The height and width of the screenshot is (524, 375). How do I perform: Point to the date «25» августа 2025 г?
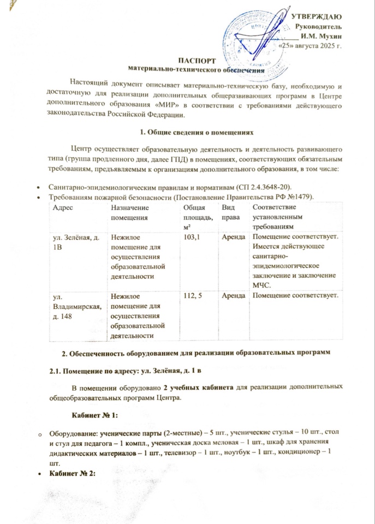[x=309, y=46]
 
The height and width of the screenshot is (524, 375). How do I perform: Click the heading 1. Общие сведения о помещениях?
[x=195, y=132]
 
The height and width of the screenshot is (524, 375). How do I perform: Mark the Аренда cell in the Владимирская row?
[x=233, y=296]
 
